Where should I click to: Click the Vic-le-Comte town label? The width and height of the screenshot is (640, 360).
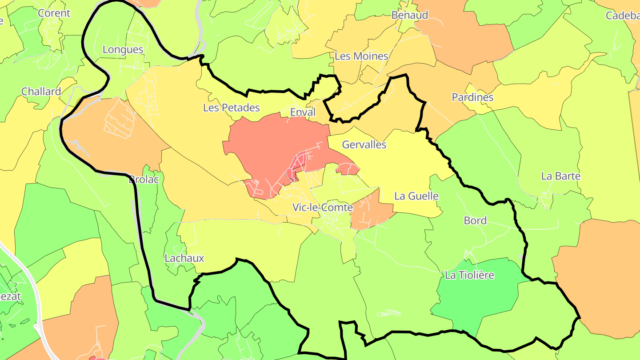coord(323,208)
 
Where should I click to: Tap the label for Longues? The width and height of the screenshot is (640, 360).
coord(123,49)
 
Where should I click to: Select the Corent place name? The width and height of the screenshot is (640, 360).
coord(54,13)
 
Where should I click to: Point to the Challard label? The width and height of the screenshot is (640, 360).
coord(41,92)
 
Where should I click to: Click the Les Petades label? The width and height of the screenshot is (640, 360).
coord(231,108)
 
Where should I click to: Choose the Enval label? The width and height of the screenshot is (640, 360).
coord(303,112)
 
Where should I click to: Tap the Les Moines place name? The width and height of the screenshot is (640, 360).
coord(361,56)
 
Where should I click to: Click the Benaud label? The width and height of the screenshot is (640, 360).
coord(410,15)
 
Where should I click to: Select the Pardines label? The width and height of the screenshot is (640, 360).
coord(472,97)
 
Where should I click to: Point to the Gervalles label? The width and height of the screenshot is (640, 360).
coord(364,145)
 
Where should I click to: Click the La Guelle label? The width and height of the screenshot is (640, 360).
coord(416,196)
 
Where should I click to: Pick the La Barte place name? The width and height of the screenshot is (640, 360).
coord(561,176)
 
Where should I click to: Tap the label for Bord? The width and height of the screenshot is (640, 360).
coord(475,220)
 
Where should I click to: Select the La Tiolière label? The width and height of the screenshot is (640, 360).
coord(469,276)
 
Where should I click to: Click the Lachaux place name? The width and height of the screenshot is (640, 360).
coord(184,258)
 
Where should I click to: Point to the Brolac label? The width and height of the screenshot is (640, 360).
coord(144,180)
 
